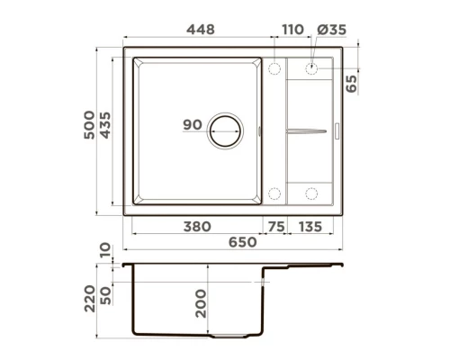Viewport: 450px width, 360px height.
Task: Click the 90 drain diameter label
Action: click(192, 126)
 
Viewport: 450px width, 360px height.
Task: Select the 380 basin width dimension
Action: click(197, 228)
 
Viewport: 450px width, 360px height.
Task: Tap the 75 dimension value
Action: click(276, 228)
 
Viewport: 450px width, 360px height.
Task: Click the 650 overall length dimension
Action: click(241, 243)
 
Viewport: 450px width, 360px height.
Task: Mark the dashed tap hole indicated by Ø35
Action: click(311, 68)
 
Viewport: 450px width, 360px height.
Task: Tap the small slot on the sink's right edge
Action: click(339, 130)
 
